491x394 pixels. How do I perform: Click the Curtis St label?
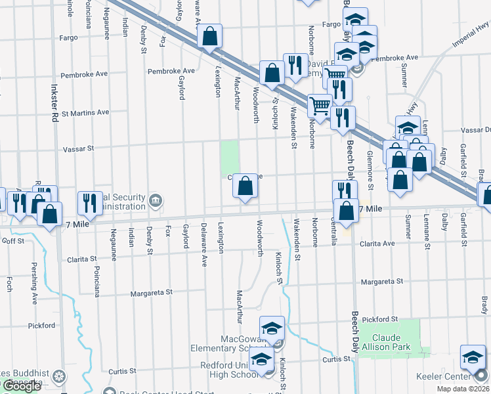337,359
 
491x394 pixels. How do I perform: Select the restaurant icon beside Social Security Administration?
89,203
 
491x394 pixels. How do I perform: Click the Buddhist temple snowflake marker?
59,377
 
